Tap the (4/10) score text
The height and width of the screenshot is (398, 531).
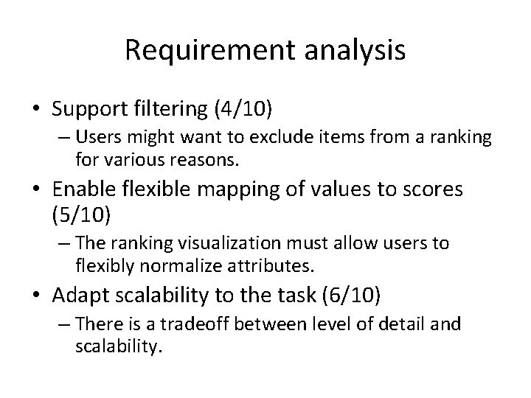[243, 111]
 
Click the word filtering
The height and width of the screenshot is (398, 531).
[171, 111]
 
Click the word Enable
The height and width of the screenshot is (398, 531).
[82, 190]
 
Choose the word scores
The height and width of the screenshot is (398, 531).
[429, 190]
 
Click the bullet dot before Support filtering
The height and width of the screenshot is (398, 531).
[37, 111]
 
